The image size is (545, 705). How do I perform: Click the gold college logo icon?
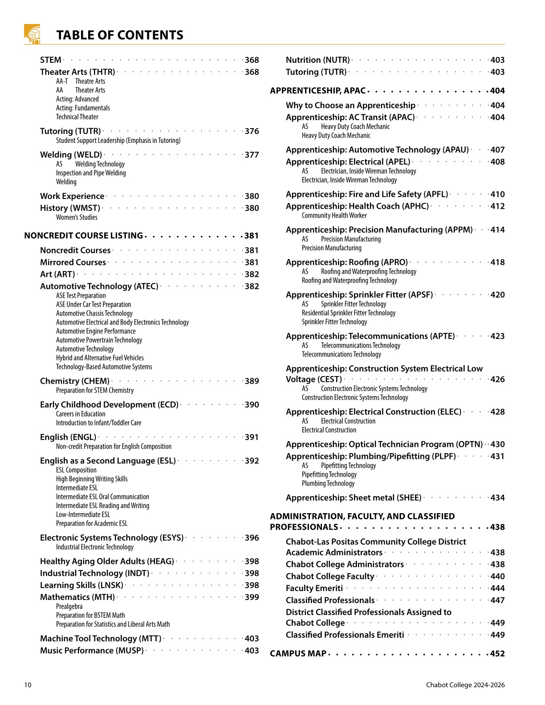32,34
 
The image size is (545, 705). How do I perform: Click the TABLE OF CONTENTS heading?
120,35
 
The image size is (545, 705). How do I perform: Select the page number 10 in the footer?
28,685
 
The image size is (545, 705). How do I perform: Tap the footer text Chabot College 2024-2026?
465,685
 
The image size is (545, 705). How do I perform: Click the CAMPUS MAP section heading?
298,653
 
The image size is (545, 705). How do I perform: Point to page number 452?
497,653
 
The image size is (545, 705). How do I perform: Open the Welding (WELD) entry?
71,154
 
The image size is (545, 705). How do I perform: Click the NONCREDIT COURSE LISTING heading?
83,235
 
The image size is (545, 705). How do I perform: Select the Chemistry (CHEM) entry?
74,381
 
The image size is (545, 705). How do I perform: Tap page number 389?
252,381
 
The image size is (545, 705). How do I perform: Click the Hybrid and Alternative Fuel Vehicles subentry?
100,358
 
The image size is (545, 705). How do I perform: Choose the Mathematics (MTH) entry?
77,597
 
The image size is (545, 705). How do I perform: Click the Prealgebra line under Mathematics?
69,606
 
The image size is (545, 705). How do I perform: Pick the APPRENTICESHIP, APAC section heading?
317,91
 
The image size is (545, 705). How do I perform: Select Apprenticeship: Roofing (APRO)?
346,262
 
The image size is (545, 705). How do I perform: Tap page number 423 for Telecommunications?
497,336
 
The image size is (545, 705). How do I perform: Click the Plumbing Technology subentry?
328,483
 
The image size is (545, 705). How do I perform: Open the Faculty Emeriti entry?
314,588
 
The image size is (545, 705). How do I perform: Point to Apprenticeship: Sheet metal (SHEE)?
354,498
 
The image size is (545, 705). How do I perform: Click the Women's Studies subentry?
77,217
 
